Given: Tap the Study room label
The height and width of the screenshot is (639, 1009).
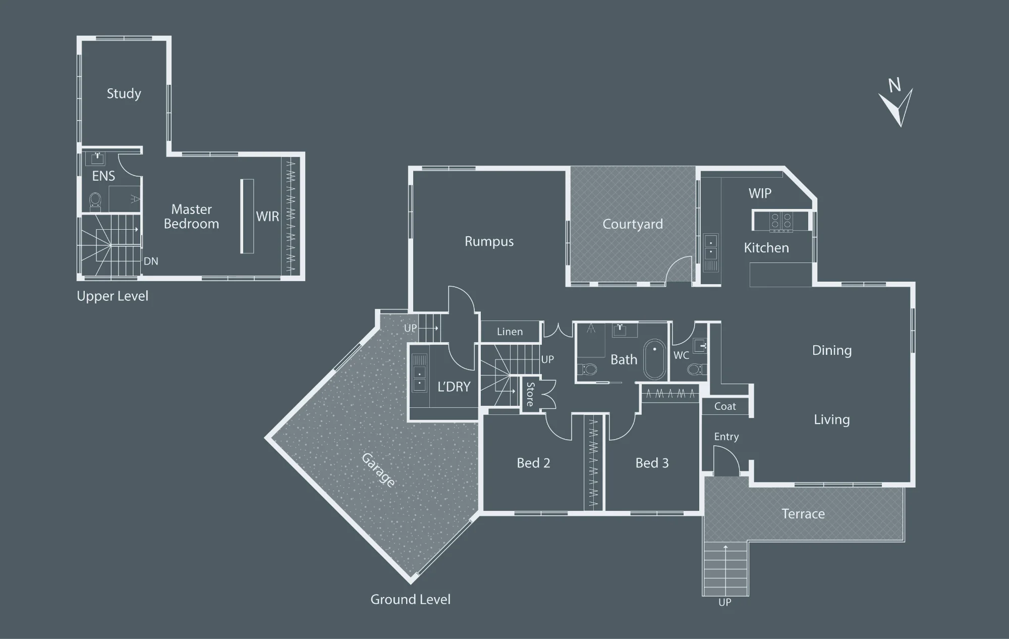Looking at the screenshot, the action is [x=124, y=94].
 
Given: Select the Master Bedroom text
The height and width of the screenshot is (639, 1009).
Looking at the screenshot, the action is [x=191, y=217].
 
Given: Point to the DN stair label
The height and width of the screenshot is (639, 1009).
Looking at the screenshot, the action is [x=151, y=261].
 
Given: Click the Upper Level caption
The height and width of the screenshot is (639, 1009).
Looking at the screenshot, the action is [x=113, y=296].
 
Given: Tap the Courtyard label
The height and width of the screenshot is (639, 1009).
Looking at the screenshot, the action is [x=633, y=225].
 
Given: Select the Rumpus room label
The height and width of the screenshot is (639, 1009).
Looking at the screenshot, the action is [x=489, y=242].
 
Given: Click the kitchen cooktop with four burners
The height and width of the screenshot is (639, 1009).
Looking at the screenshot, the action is [x=781, y=222].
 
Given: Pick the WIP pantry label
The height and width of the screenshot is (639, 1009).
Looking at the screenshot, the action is [x=760, y=193].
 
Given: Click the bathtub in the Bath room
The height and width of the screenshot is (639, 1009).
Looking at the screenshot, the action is [x=655, y=359].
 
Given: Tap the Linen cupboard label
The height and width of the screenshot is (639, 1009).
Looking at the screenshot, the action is [x=510, y=332].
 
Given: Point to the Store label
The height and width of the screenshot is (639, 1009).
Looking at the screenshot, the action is [x=530, y=394].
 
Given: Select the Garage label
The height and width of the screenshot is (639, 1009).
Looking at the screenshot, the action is [x=378, y=470].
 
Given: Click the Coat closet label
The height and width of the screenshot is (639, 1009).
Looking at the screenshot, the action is [x=725, y=406].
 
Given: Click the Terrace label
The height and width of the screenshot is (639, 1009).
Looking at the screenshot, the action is [x=803, y=514].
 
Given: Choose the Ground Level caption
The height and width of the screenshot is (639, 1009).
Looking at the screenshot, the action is [x=410, y=600].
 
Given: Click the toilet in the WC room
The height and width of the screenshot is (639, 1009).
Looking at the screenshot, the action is [x=695, y=369].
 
